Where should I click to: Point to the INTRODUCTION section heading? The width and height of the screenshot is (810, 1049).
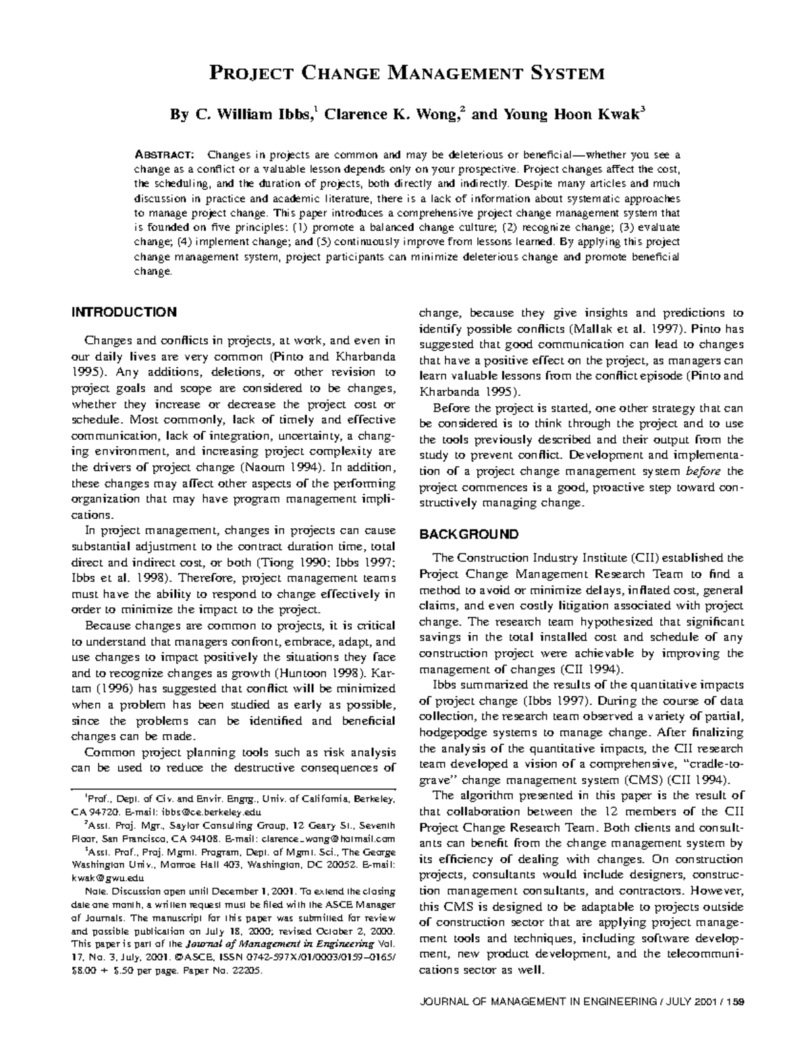pos(124,312)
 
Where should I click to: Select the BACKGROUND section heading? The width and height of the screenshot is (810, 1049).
pos(469,534)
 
